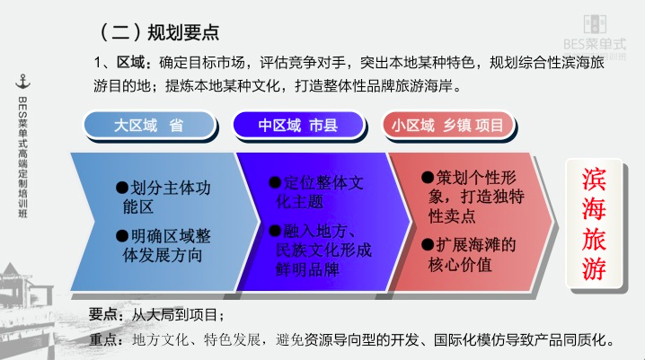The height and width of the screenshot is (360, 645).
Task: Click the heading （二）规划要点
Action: (158, 32)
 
